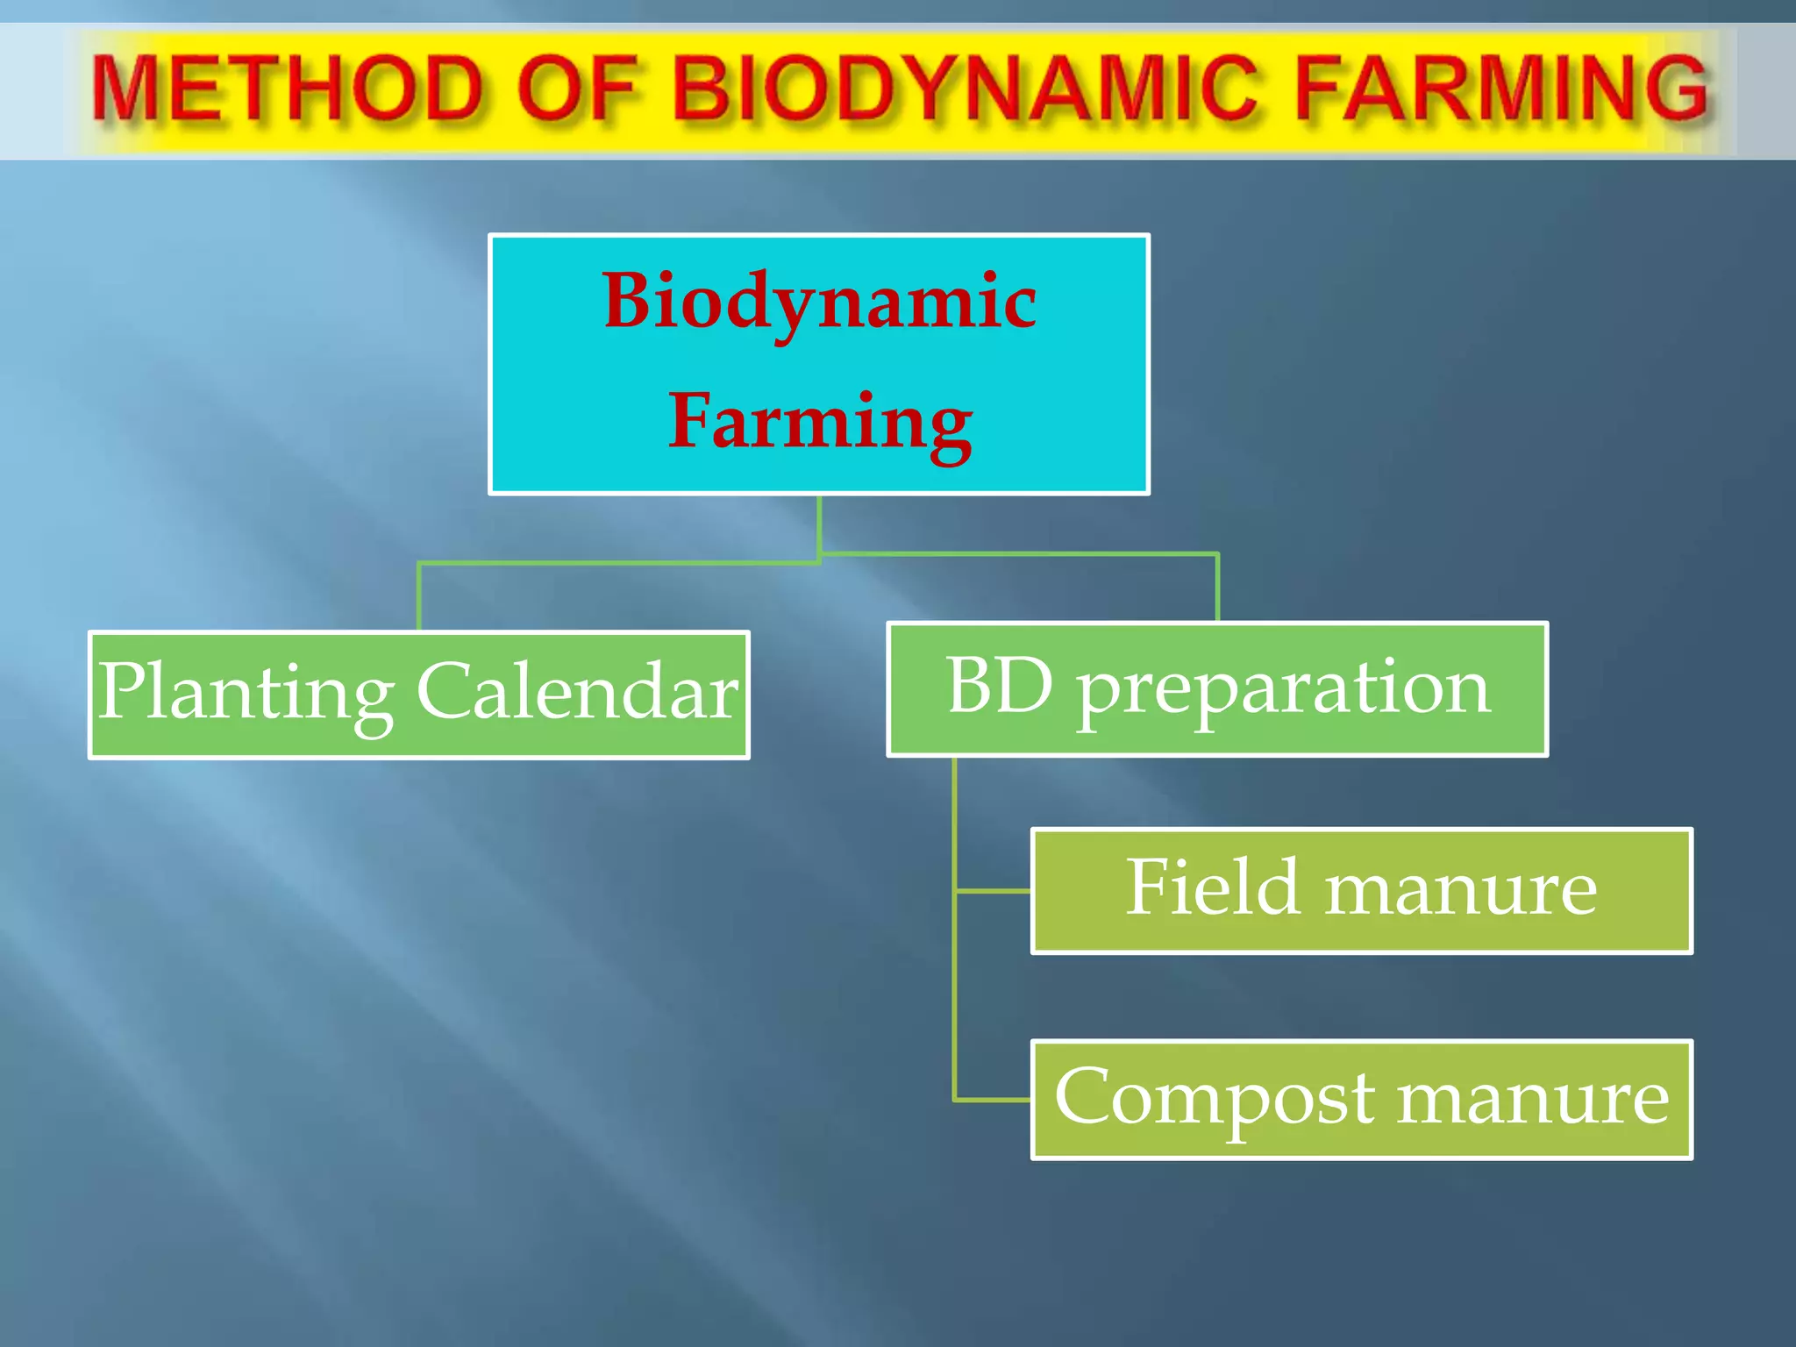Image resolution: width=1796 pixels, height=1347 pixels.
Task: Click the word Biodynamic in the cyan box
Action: click(819, 301)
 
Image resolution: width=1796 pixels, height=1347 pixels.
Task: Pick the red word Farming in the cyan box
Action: click(819, 422)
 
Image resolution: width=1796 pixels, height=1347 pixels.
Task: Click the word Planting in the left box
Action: click(246, 693)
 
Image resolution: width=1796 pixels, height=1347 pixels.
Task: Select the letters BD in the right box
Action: click(1000, 687)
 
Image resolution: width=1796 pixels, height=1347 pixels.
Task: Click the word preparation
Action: click(1284, 688)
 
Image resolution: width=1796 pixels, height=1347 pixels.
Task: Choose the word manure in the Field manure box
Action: click(1461, 890)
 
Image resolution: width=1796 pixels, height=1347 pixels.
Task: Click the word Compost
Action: click(1215, 1099)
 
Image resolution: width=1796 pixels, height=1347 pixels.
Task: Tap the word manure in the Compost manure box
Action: click(1533, 1099)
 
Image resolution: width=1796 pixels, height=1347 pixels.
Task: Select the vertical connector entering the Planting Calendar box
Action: click(419, 597)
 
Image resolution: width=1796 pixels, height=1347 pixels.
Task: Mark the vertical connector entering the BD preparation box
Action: click(1217, 588)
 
